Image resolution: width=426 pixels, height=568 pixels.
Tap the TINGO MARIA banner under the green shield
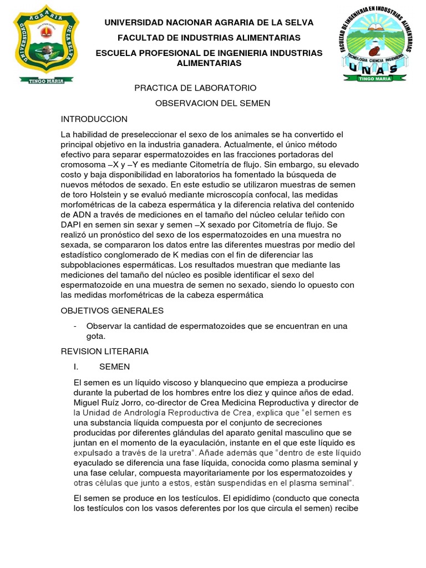point(46,80)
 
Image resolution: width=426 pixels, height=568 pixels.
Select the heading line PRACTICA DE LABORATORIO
point(196,88)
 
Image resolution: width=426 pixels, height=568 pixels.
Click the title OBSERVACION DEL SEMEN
point(212,103)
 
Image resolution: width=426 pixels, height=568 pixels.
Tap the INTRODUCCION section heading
point(94,119)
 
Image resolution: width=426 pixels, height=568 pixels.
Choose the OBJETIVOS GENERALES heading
point(112,311)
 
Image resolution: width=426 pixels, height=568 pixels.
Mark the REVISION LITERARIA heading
point(104,352)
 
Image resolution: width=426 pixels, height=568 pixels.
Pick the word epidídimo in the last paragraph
point(245,498)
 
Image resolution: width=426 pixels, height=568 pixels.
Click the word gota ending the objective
point(95,336)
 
